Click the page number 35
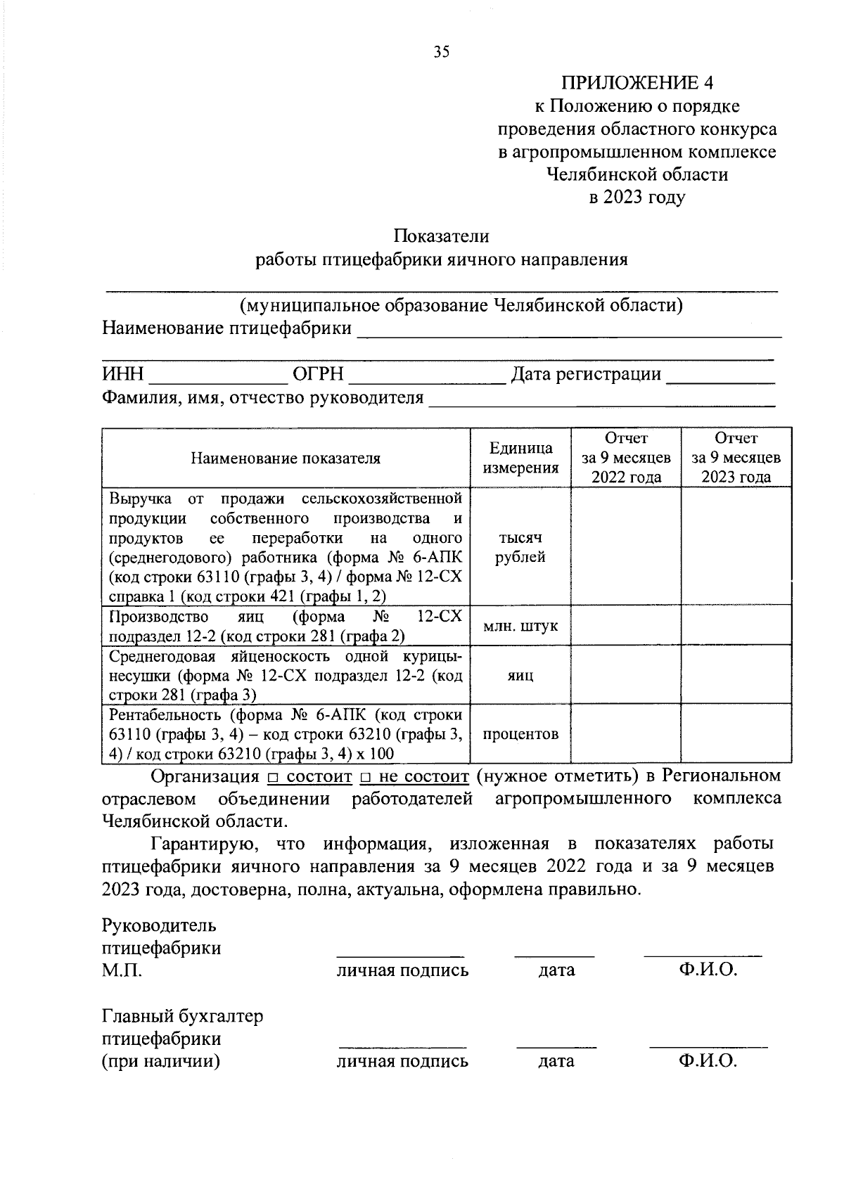tap(442, 51)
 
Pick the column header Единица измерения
tap(520, 458)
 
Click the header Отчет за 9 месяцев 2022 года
tap(626, 458)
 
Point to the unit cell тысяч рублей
tap(520, 547)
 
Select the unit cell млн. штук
tap(520, 625)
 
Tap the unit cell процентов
tap(520, 734)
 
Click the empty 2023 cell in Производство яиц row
tap(736, 625)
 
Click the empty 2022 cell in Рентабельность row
tap(626, 734)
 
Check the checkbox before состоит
tap(273, 778)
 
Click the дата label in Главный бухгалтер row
tap(556, 1061)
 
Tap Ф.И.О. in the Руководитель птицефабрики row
tap(708, 970)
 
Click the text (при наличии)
tap(161, 1061)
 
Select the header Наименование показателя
tap(286, 458)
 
